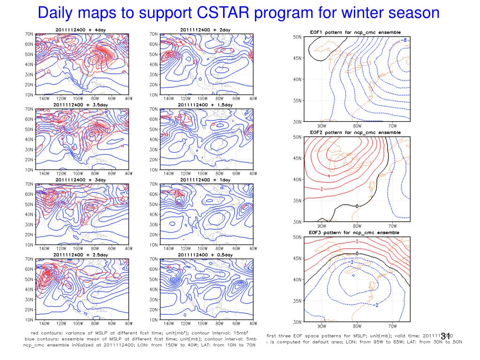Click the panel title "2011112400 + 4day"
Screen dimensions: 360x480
81,30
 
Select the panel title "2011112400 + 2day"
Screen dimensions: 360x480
205,30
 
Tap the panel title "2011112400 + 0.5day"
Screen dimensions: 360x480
205,255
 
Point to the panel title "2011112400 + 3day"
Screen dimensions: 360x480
81,180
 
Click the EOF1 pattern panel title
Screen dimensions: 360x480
355,32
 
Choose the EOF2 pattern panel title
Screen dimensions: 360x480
355,133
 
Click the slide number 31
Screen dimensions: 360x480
445,336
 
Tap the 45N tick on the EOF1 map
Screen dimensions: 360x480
297,58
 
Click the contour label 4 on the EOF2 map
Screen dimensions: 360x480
329,176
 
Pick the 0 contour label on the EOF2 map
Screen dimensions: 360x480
357,206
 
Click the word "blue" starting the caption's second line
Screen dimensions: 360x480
31,338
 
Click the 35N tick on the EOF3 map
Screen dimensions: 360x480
297,300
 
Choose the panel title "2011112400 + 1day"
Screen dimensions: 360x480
205,180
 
